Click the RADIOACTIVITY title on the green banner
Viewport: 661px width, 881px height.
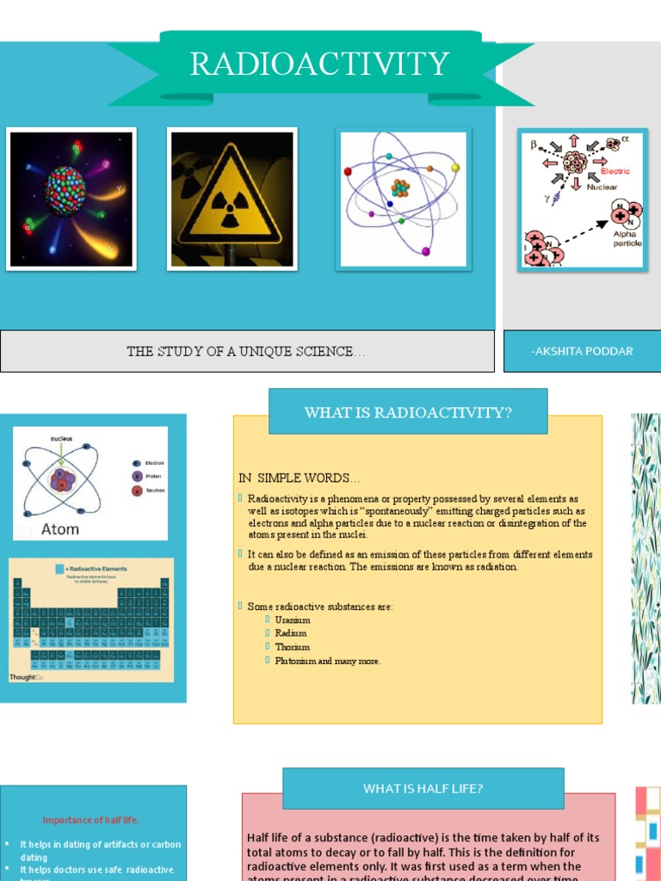[319, 65]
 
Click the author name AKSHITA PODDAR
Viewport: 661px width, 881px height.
[582, 351]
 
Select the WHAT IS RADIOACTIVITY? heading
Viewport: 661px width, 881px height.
[408, 412]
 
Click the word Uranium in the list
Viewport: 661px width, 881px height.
[293, 620]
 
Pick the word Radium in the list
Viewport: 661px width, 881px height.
[291, 633]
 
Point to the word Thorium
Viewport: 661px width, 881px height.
[293, 647]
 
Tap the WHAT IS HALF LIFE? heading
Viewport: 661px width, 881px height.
[423, 788]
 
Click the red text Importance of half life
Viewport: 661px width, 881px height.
[90, 820]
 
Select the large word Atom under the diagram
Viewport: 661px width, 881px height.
[60, 528]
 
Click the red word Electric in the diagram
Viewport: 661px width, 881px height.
[615, 171]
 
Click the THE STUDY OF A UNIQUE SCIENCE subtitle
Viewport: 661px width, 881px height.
[246, 351]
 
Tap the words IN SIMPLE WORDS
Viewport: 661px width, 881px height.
[299, 477]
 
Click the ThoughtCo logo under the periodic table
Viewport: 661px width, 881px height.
[26, 677]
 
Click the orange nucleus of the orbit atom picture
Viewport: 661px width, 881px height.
[400, 188]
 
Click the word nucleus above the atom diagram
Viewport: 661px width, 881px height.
[61, 438]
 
